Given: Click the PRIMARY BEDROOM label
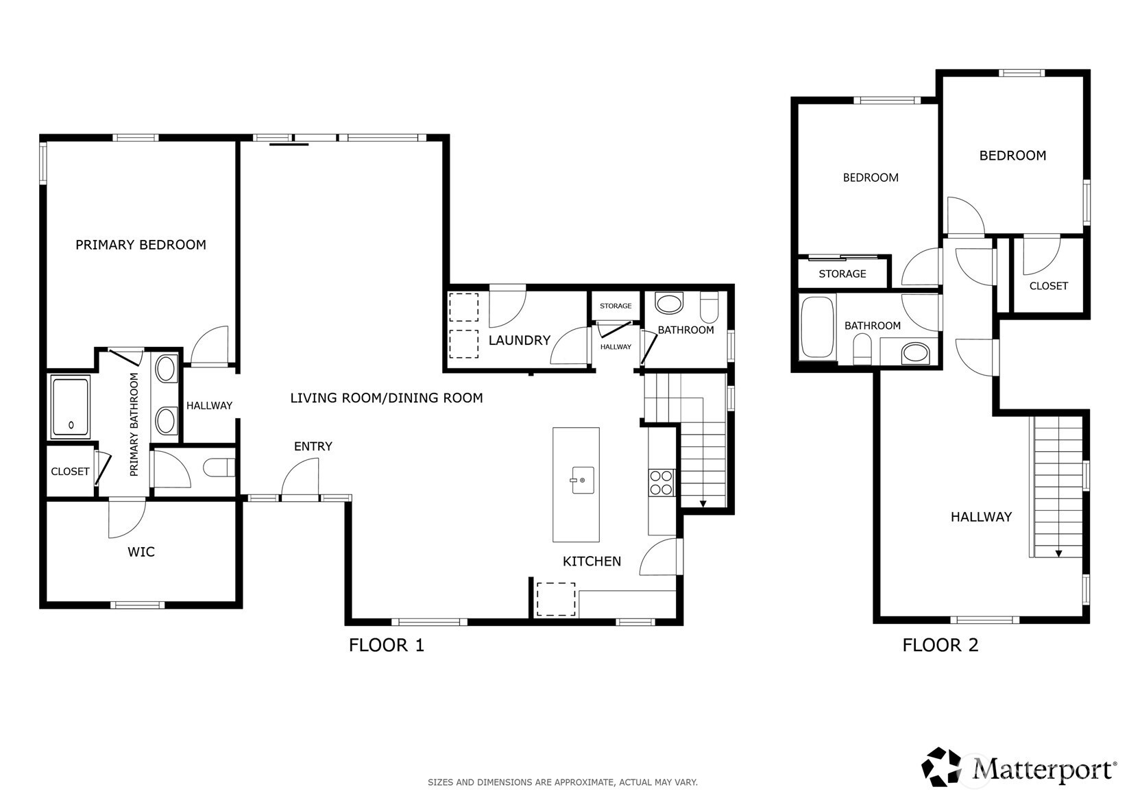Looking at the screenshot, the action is point(141,245).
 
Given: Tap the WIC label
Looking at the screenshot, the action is point(141,552).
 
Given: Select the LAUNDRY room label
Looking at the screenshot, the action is point(519,340).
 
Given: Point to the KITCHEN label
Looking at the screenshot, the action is point(592,561).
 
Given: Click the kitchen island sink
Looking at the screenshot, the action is point(582,480).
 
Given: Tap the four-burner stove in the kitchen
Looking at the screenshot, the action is point(661,483).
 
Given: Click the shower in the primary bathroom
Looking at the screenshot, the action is point(71,407).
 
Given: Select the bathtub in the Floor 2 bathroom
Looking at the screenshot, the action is point(817,327).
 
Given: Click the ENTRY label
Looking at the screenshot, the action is point(313,446).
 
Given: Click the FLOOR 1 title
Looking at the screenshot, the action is point(387,645).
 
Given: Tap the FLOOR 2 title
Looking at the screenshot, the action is point(940,645).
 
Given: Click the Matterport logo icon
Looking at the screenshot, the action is point(941,767).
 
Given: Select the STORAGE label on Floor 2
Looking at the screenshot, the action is point(842,274).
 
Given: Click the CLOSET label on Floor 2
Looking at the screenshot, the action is point(1048,286).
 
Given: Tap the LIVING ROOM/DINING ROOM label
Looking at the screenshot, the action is point(387,398).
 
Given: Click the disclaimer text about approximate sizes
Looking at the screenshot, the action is point(563,782).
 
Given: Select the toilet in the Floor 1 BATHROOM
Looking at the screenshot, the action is point(709,307).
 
